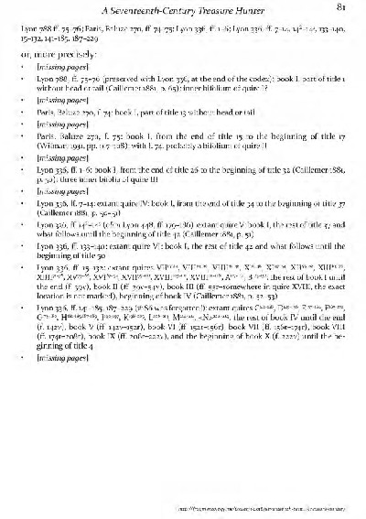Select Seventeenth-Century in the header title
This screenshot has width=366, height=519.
tap(167, 10)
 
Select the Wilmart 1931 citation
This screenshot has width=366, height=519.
tap(77, 144)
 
